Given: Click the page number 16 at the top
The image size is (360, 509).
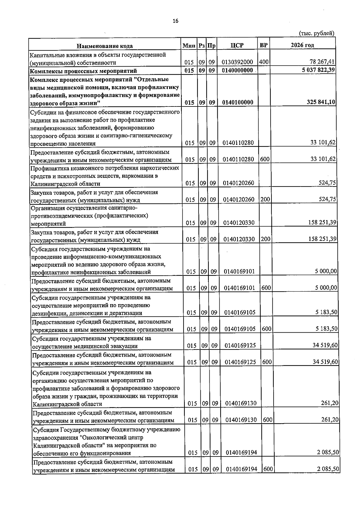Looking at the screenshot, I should coord(175,21).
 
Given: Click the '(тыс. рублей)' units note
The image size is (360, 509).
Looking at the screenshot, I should coord(316,33).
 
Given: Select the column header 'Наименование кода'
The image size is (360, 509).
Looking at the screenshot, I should coord(105,46).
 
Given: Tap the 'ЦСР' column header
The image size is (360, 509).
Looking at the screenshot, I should coord(237,45).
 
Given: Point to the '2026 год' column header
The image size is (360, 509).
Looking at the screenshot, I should coord(302,45).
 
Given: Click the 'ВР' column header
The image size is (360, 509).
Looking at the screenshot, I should coord(264,45).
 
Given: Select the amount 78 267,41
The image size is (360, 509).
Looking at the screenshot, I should coord(322,62).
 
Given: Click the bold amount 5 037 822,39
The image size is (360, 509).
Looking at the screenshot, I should coord(318,70).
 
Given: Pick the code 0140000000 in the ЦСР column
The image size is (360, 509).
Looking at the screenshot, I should coord(237,70).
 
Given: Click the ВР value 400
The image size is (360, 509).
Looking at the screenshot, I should coord(264,62).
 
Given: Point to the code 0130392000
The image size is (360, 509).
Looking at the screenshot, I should coord(237,62).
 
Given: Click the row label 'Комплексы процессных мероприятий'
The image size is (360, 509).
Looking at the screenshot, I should coord(83,71).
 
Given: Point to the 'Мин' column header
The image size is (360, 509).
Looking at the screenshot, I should coord(189,46).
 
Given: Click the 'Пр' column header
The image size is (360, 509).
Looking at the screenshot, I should coord(211,46).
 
